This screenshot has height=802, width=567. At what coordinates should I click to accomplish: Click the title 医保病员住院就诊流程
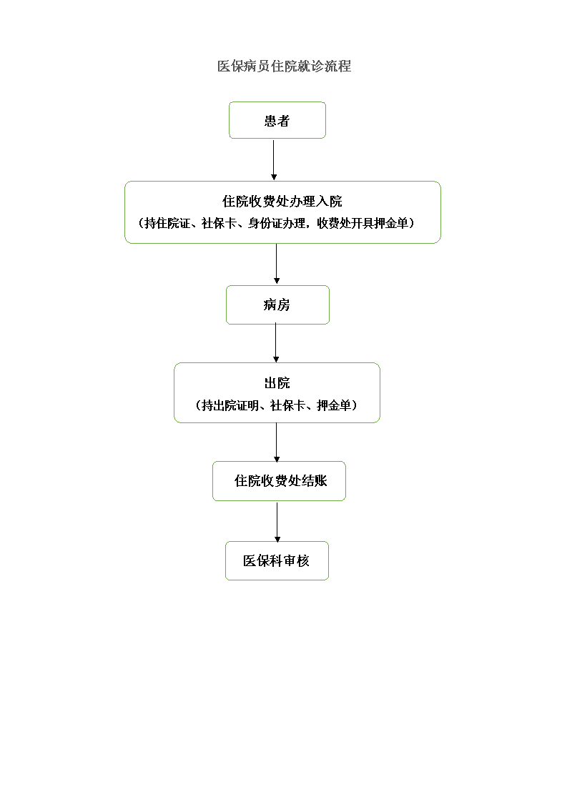[284, 66]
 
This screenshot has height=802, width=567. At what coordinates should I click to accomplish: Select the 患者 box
[277, 120]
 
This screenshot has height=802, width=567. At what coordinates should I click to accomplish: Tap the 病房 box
[277, 305]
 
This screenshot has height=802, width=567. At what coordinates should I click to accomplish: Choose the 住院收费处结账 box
[279, 481]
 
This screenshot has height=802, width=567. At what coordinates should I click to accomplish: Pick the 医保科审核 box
[277, 560]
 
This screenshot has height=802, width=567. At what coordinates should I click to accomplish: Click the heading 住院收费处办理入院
[282, 201]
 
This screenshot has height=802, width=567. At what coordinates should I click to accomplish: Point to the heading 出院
[277, 382]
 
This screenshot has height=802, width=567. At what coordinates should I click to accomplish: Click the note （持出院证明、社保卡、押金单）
[276, 405]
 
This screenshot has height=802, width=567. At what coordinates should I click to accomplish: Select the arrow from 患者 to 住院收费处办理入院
[274, 159]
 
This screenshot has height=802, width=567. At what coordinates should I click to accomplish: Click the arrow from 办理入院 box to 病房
[276, 264]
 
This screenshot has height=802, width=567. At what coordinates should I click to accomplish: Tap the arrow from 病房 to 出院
[276, 342]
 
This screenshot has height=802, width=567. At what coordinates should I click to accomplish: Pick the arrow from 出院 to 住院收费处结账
[276, 442]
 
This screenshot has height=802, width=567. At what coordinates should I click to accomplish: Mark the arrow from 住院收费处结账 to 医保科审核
[277, 522]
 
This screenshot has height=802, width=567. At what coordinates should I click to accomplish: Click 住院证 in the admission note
[173, 223]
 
